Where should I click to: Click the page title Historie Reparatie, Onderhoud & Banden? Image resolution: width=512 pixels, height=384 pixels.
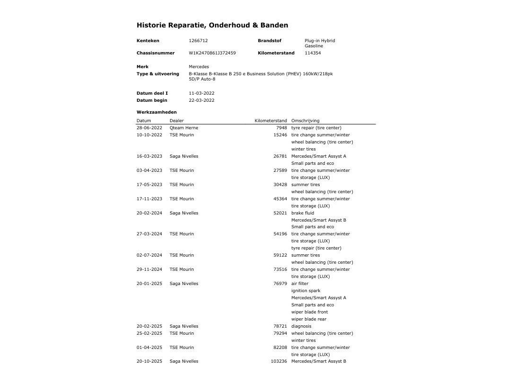(212, 25)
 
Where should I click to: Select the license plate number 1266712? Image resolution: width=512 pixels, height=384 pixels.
(198, 41)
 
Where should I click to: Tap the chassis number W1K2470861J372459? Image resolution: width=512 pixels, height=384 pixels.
(212, 53)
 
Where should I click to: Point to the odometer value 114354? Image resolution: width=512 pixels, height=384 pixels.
(313, 53)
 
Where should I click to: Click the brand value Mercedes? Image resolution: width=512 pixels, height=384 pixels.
(198, 67)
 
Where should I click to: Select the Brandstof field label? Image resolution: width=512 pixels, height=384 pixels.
(269, 41)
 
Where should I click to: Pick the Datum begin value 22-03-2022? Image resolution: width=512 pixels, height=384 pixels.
(201, 100)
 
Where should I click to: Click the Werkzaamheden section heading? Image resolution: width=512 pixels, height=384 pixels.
(156, 112)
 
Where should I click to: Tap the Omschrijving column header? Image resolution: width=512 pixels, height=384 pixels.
(305, 121)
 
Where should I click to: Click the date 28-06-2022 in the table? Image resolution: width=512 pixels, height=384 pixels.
(149, 128)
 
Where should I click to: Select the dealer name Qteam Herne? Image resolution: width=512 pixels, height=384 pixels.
(184, 128)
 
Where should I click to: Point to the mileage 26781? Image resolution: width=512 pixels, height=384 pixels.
(280, 156)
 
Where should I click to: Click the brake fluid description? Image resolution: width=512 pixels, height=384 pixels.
(303, 213)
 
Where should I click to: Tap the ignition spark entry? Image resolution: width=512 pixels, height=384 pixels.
(305, 291)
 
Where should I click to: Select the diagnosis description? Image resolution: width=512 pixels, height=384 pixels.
(301, 326)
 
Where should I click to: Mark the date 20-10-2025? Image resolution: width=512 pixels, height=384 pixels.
(149, 361)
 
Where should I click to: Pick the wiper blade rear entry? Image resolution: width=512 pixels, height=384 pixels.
(309, 319)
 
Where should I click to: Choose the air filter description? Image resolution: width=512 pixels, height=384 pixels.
(300, 284)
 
